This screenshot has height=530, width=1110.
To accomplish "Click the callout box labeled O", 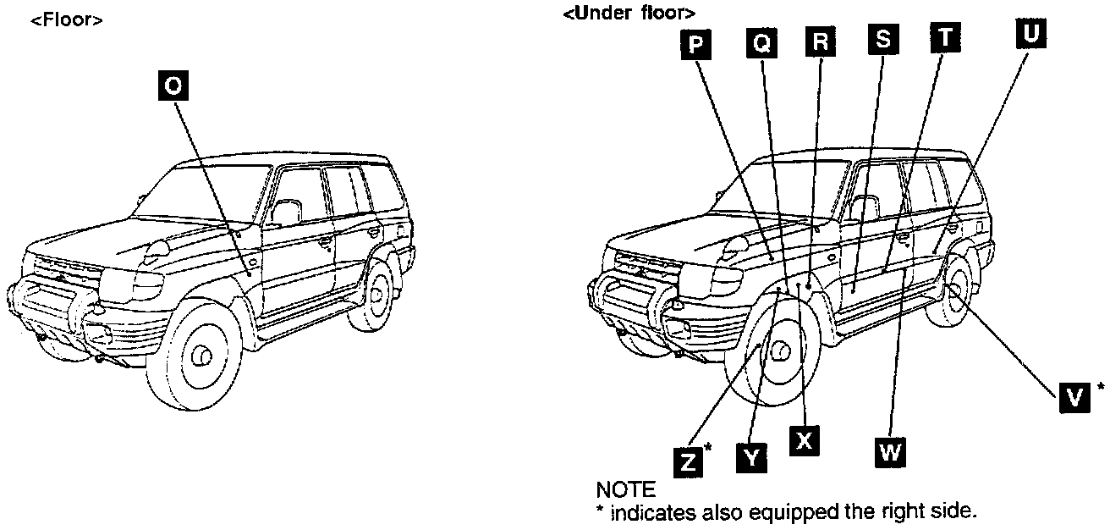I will (x=173, y=86).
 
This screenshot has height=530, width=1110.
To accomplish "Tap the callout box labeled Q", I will (x=761, y=43).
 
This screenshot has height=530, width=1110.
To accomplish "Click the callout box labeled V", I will (x=1074, y=396).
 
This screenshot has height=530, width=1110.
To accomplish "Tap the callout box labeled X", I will (x=805, y=439).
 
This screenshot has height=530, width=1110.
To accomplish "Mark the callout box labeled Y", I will (x=751, y=457).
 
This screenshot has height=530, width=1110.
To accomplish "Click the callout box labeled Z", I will (x=690, y=461).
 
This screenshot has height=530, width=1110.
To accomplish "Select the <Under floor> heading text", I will (x=629, y=14).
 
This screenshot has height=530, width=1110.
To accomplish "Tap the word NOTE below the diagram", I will (x=625, y=489).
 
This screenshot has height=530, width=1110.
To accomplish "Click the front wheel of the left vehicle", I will (x=202, y=356).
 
